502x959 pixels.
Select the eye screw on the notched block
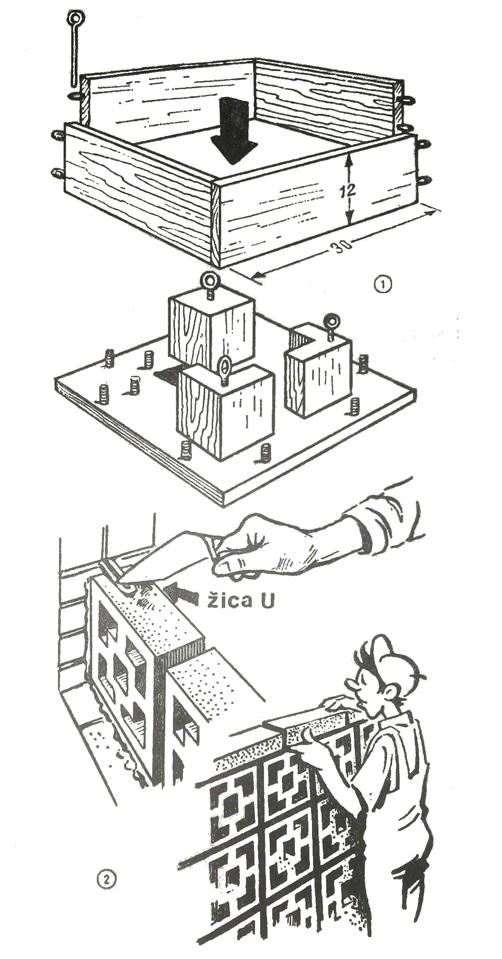click(331, 322)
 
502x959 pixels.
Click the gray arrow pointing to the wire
click(184, 593)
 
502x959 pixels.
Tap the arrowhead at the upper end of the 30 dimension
click(432, 212)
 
